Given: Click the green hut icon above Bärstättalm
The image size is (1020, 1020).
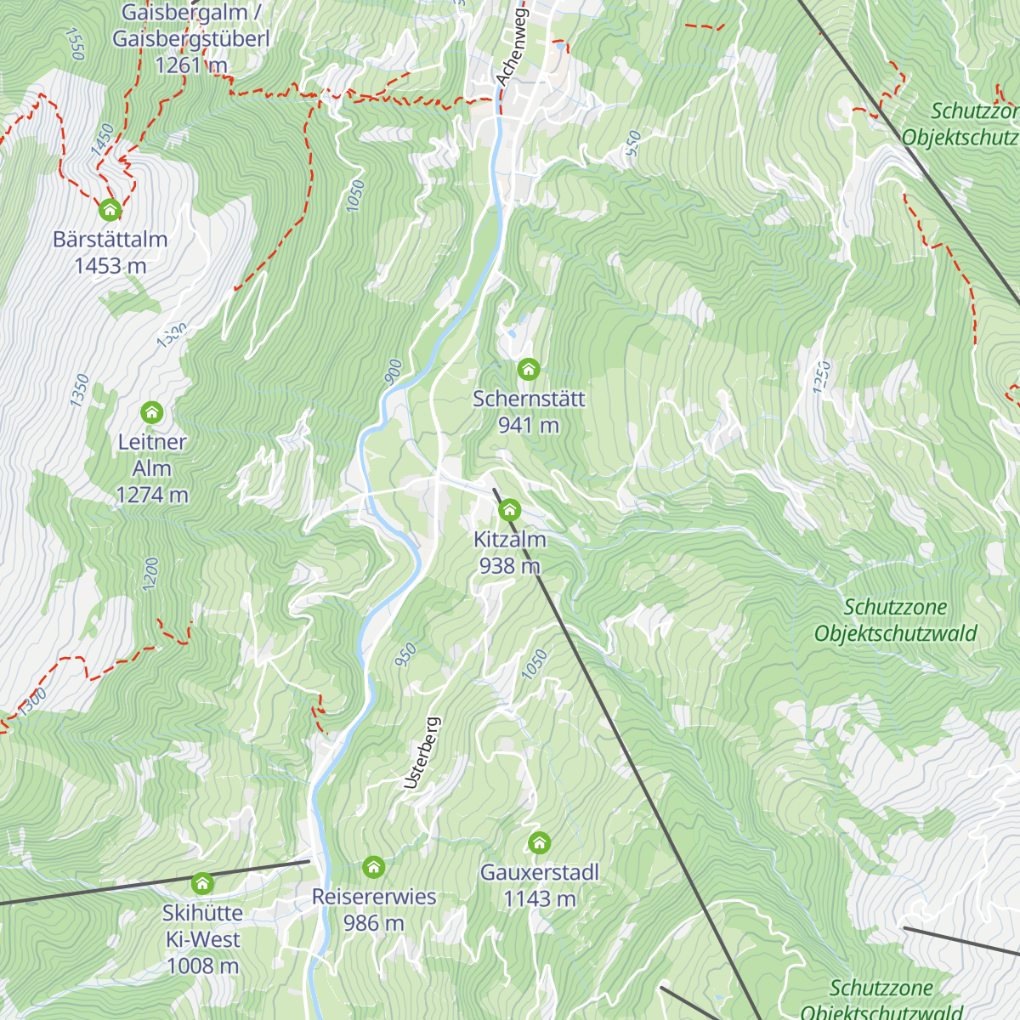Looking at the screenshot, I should click(110, 208).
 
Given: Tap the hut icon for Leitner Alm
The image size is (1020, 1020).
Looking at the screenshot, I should click(152, 412).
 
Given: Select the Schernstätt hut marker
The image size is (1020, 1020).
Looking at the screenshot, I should click(529, 369).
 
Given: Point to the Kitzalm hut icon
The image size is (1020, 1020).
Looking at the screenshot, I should click(509, 510).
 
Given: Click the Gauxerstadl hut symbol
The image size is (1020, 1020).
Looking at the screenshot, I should click(539, 842).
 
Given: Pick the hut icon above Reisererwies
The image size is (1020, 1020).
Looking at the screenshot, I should click(373, 867).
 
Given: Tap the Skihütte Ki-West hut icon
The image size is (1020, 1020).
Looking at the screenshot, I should click(202, 883).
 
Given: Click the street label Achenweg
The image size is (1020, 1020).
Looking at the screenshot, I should click(512, 48).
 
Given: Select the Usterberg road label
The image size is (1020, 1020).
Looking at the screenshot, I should click(422, 753).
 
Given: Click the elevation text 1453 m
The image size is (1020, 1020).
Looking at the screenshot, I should click(110, 266).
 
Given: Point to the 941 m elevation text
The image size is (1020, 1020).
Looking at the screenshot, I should click(529, 425).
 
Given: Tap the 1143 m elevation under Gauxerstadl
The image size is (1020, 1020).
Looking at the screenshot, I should click(539, 898).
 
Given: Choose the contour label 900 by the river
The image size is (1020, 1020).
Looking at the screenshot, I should click(393, 371).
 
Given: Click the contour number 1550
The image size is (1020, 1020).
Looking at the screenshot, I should click(75, 44).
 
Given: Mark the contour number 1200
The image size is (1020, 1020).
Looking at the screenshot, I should click(150, 575).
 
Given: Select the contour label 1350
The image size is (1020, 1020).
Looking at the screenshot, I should click(79, 390).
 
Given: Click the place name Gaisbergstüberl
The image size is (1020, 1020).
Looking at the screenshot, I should click(191, 39).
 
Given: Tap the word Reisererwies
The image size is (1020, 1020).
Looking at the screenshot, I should click(373, 897).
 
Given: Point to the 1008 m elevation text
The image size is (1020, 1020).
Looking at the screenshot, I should click(202, 966).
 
